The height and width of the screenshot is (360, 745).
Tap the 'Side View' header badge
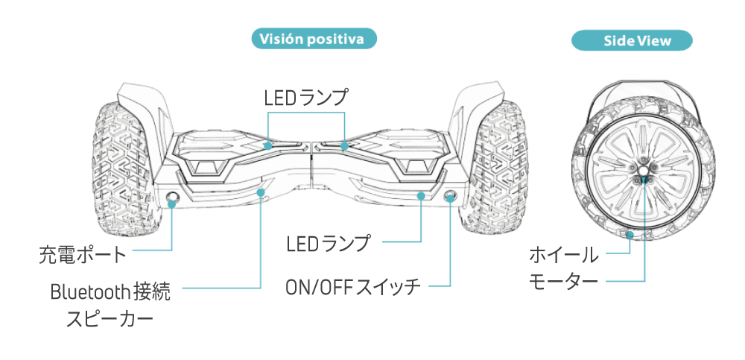pyautogui.click(x=632, y=40)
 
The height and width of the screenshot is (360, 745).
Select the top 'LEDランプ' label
pyautogui.click(x=306, y=97)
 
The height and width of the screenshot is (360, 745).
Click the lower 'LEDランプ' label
pyautogui.click(x=329, y=243)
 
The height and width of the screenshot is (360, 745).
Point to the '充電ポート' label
pyautogui.click(x=83, y=256)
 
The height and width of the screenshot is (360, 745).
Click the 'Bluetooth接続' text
pyautogui.click(x=110, y=291)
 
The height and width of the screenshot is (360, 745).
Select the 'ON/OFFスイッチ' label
pyautogui.click(x=353, y=286)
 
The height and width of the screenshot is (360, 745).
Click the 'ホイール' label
pyautogui.click(x=563, y=255)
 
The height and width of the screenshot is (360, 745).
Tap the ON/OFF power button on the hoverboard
pyautogui.click(x=451, y=196)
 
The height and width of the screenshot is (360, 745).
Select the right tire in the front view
pyautogui.click(x=499, y=167)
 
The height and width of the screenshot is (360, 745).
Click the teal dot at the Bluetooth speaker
pyautogui.click(x=260, y=193)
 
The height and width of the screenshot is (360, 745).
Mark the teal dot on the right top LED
pyautogui.click(x=344, y=145)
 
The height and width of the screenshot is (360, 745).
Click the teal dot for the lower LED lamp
pyautogui.click(x=422, y=197)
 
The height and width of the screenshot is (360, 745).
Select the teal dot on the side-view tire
pyautogui.click(x=630, y=236)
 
